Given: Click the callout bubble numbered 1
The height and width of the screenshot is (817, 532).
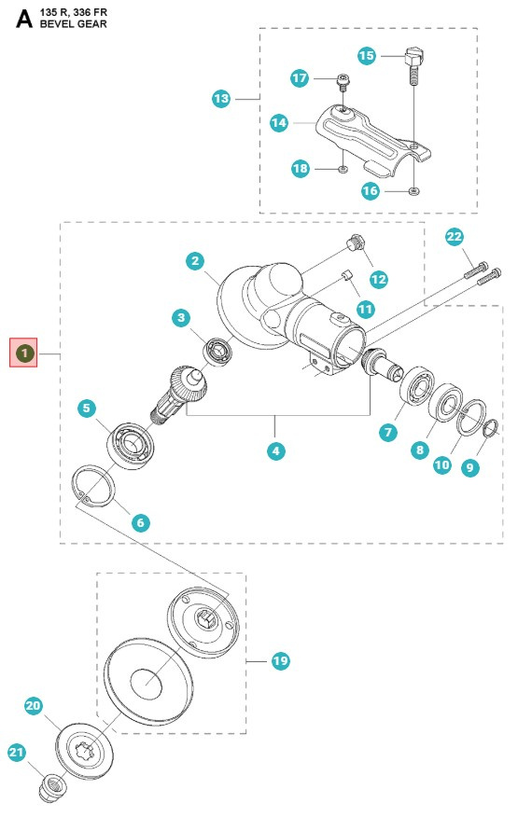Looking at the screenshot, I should click(23, 353).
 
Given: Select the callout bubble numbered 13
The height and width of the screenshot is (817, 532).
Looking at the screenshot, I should click(221, 98).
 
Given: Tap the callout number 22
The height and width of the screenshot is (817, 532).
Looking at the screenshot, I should click(455, 237).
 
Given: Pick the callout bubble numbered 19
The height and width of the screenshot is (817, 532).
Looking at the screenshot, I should click(280, 661).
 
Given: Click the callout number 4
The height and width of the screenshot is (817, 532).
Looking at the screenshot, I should click(275, 450).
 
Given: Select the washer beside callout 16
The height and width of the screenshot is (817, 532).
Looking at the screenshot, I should click(413, 190).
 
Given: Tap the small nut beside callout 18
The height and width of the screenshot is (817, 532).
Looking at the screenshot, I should click(343, 169).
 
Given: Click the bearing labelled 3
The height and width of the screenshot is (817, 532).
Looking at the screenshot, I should click(219, 352).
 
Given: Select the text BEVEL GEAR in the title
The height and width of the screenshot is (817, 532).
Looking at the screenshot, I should click(73, 23).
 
